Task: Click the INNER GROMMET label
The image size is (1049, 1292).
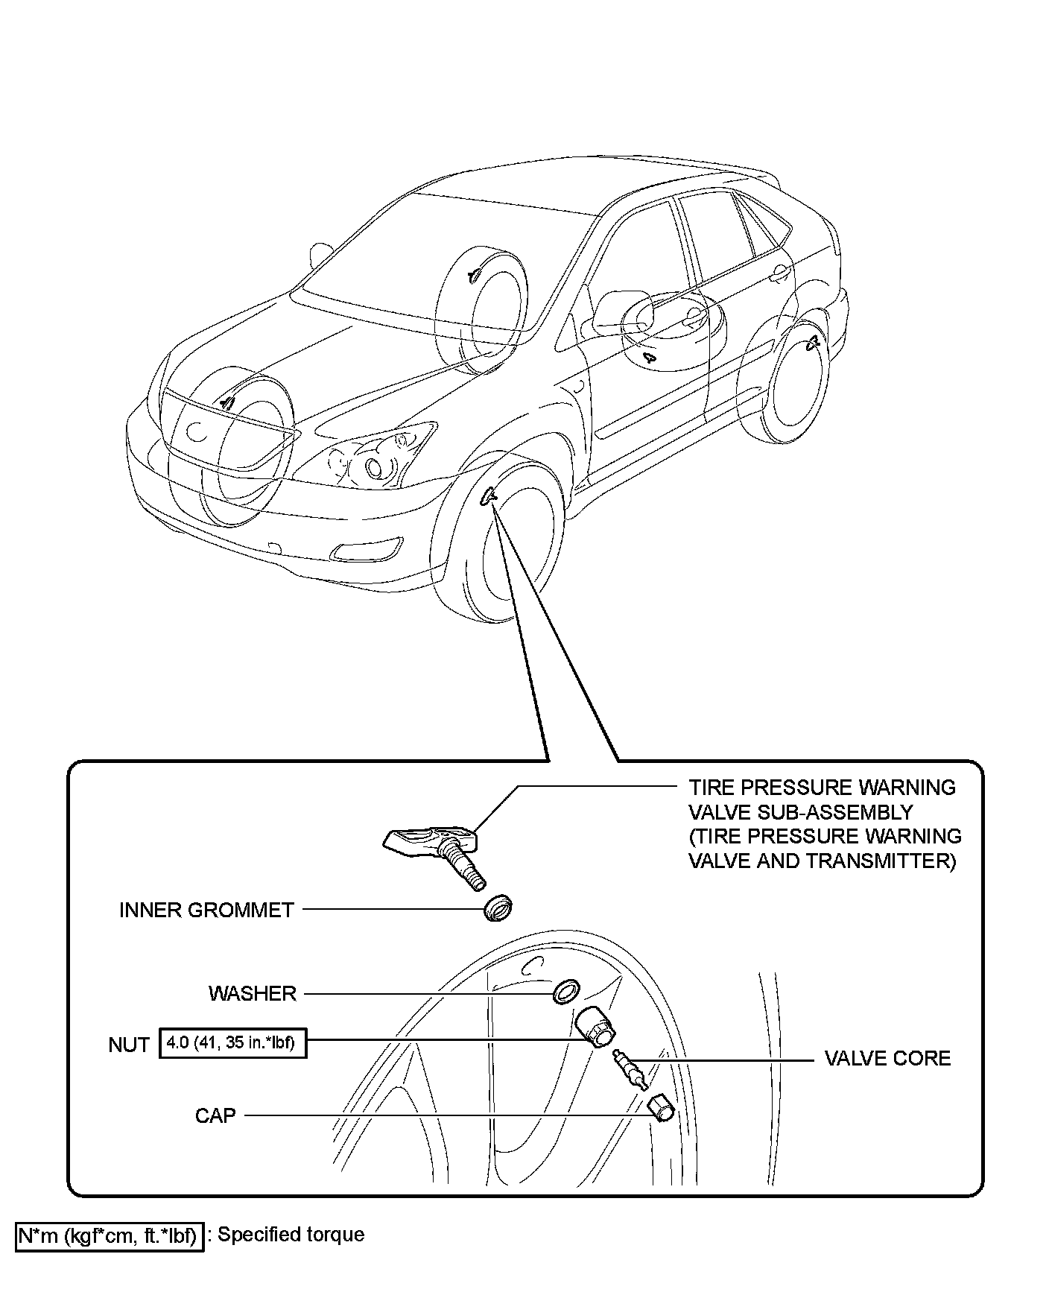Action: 206,910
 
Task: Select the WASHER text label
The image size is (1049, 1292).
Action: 252,993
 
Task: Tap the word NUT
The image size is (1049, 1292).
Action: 129,1045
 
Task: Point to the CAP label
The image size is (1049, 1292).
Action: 215,1115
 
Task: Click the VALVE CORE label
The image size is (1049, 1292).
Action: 887,1058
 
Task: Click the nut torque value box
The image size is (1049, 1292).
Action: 232,1043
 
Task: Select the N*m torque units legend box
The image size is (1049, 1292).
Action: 109,1236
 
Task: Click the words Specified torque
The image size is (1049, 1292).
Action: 291,1235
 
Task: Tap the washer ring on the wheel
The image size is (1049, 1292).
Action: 567,992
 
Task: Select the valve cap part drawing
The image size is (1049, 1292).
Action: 660,1108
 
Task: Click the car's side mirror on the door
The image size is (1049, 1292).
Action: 621,311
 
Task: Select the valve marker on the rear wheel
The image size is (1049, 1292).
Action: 814,342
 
